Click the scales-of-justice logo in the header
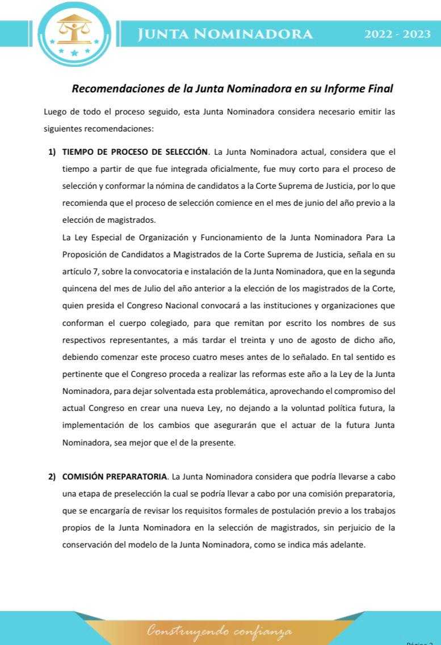(74, 33)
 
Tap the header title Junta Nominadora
(225, 34)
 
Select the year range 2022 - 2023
(397, 34)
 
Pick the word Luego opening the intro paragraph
(54, 112)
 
